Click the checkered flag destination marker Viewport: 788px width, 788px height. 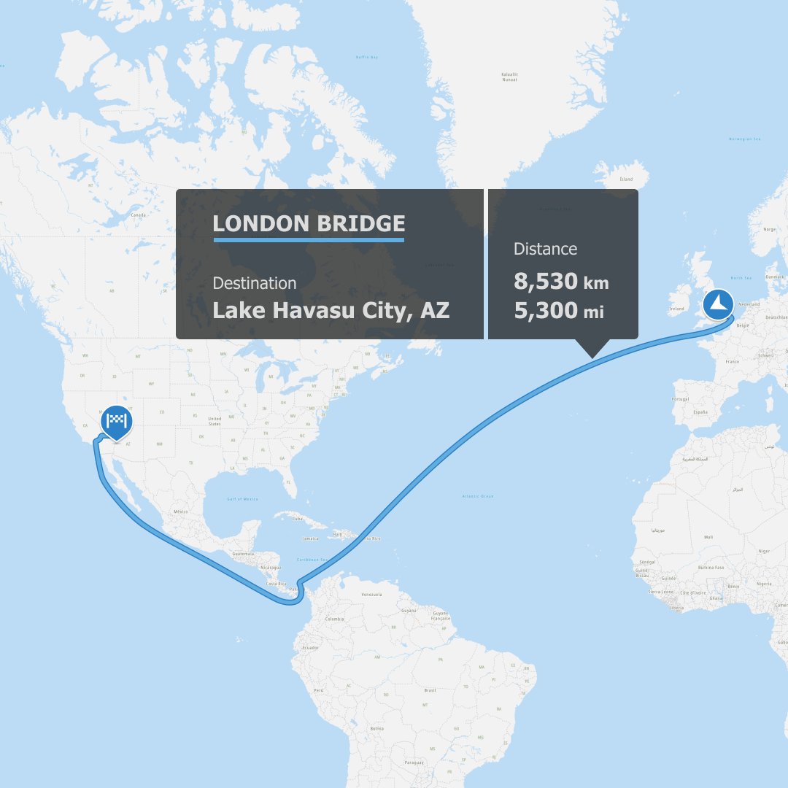coord(117,420)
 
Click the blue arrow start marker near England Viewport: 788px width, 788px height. coord(718,304)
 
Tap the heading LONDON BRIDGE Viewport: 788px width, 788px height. coord(308,223)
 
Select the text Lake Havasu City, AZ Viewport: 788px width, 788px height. coord(331,310)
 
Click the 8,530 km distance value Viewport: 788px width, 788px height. coord(561,281)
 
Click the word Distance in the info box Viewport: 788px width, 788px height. coord(545,249)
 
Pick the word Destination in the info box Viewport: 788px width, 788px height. coord(254,283)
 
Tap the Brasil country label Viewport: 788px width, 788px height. coord(430,689)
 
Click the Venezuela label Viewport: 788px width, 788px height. coord(371,595)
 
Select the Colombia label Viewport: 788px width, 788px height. coord(334,619)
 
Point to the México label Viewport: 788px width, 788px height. coord(180,511)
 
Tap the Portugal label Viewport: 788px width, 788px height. coord(681,398)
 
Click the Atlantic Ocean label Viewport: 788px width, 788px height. coord(478,496)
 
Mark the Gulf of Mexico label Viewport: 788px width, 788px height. coord(242,498)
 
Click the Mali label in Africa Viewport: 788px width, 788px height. coord(708,536)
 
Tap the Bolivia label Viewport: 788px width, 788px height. coord(376,727)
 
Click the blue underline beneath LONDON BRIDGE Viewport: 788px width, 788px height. coord(308,239)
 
